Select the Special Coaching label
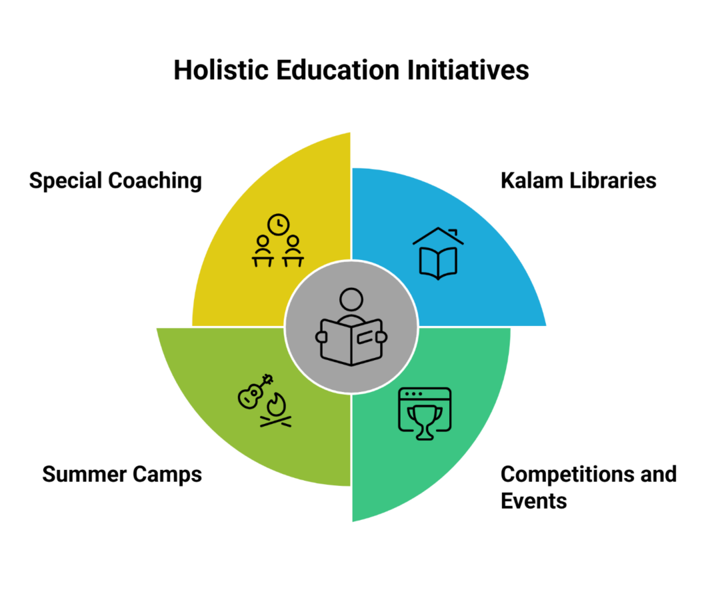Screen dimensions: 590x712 point(115,181)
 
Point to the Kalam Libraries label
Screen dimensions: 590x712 point(578,181)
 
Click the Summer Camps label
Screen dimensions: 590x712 point(122,475)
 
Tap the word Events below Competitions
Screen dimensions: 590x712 point(533,500)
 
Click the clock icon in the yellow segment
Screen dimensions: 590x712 point(278,224)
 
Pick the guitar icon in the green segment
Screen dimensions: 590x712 point(254,393)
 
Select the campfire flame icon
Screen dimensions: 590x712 point(277,409)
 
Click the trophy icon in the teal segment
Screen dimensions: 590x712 point(423,420)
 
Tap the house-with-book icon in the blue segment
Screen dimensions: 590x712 point(437,254)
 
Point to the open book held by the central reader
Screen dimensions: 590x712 point(351,341)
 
